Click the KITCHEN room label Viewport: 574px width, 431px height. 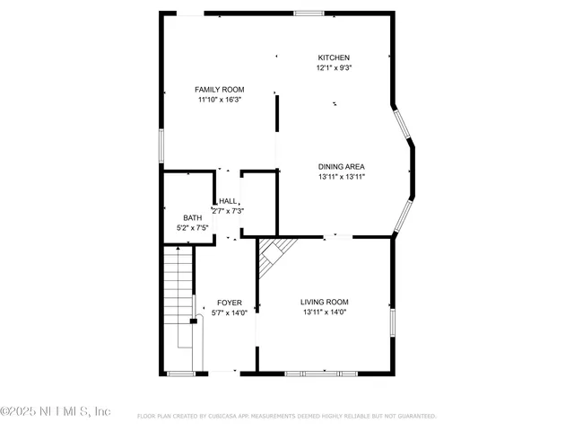coord(333,57)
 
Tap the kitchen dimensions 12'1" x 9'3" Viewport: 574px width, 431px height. coord(333,68)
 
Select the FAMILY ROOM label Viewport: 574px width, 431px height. coord(220,89)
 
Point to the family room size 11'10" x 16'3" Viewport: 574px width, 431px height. coord(220,100)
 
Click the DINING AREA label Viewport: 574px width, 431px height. coord(341,166)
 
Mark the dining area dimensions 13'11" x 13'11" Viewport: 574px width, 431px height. coord(341,177)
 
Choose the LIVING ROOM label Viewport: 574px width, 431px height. coord(325,302)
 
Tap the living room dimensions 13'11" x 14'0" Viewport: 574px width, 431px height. coord(325,312)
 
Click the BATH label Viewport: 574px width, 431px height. coord(193,218)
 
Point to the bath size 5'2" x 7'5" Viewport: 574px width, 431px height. coord(193,229)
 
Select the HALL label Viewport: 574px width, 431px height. coord(228,201)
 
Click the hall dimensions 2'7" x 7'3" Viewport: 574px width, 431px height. coord(228,211)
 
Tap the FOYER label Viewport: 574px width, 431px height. coord(229,303)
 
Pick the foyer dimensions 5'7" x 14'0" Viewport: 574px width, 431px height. coord(229,313)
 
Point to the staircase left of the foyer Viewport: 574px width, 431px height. coord(179,296)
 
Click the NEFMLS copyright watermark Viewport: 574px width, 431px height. coord(56,411)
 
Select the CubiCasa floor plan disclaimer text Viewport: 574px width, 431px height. coord(287,417)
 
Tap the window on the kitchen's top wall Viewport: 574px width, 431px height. coord(309,13)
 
